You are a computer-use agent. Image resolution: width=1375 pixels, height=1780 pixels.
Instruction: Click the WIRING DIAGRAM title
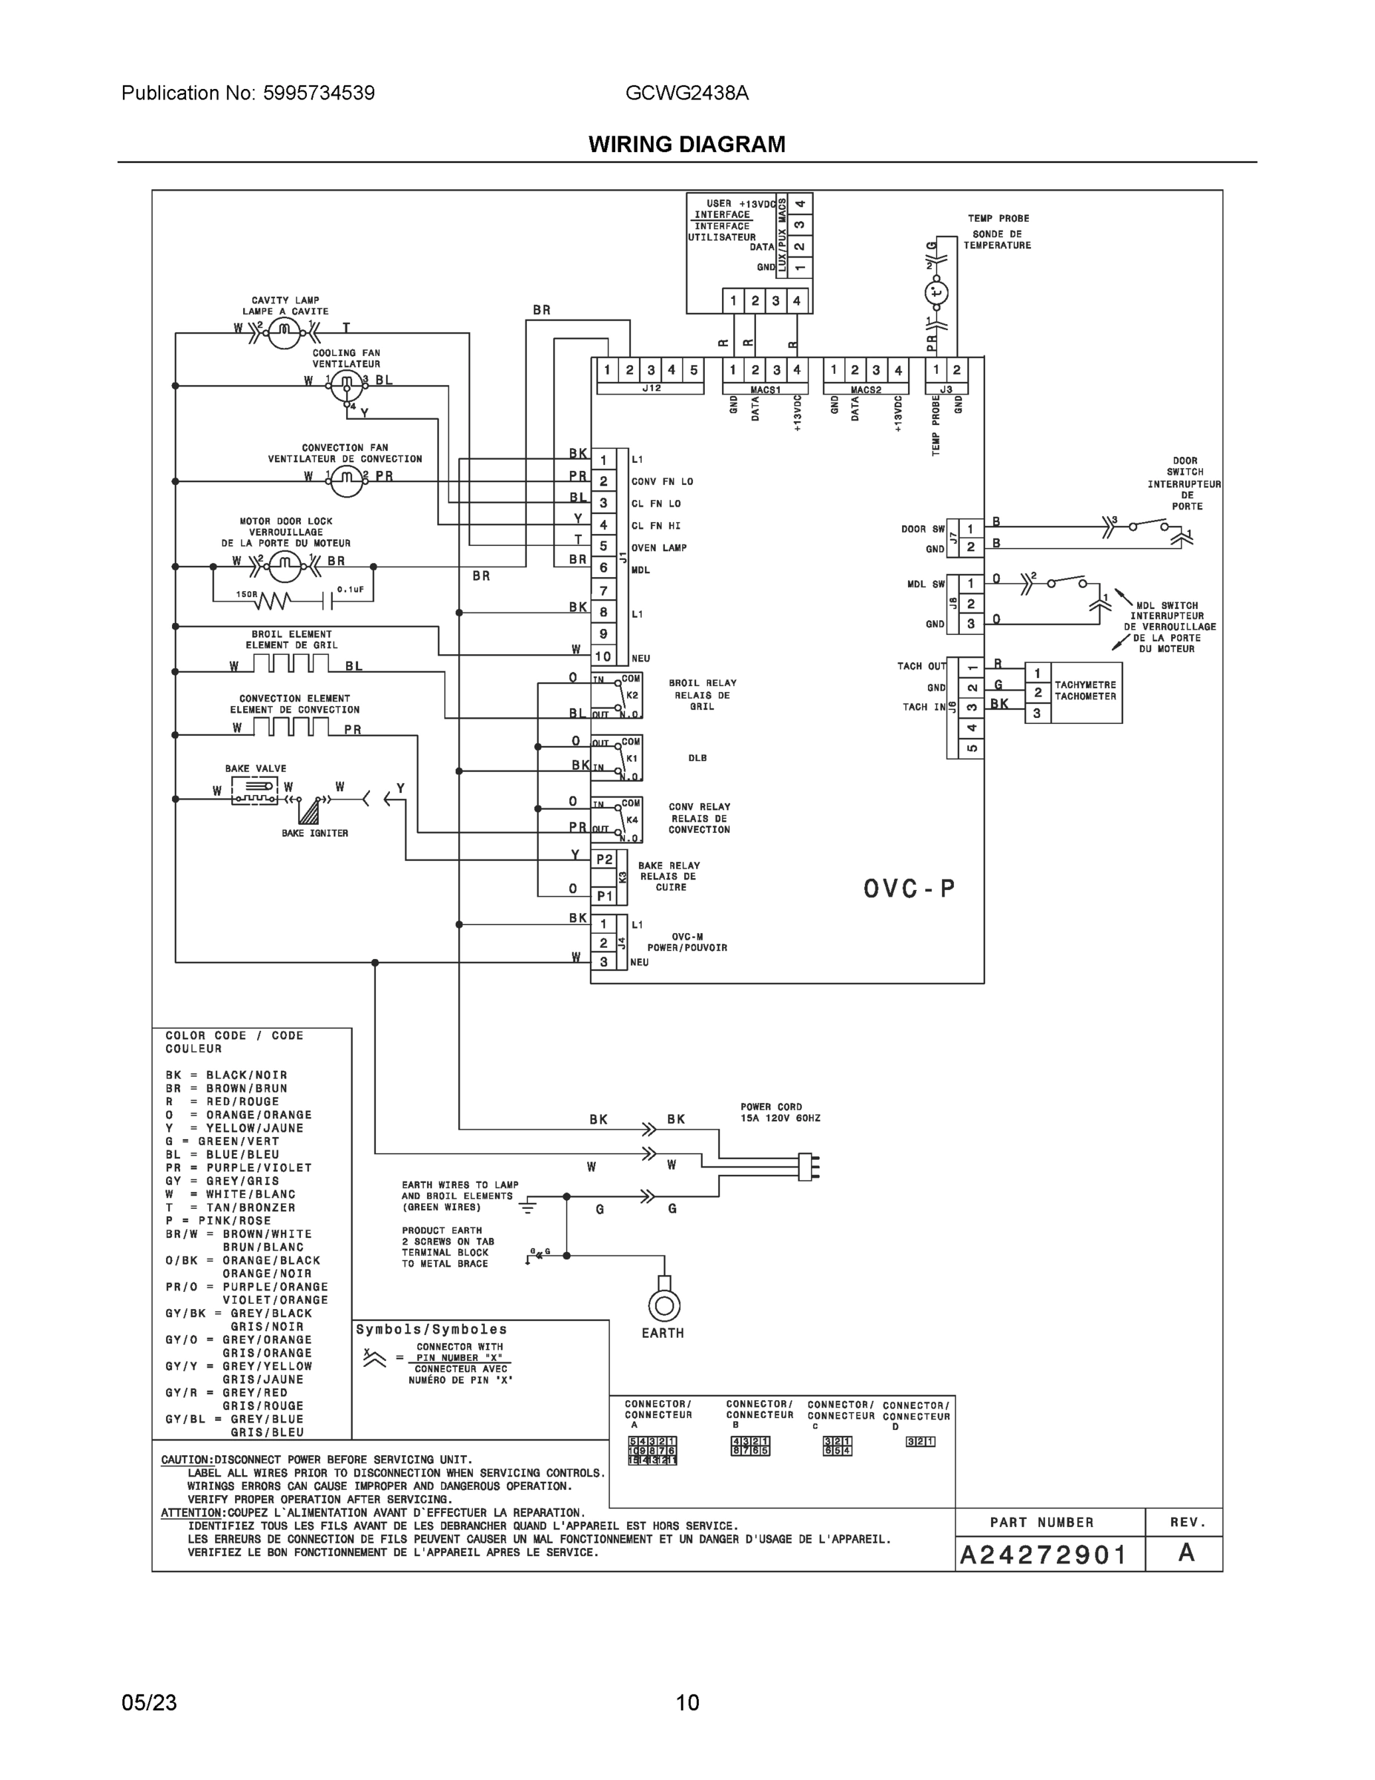(x=686, y=145)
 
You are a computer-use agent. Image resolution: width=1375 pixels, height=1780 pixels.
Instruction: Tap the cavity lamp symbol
(x=285, y=329)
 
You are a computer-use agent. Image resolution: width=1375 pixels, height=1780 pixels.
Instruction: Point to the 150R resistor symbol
(x=274, y=601)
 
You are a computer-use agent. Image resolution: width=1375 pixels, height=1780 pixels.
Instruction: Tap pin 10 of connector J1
(x=603, y=656)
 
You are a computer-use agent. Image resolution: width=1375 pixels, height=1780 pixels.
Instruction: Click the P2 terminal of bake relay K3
(x=604, y=859)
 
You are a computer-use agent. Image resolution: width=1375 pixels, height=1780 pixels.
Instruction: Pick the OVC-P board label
(x=909, y=889)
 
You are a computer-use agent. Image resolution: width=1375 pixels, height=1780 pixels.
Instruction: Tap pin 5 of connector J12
(x=693, y=370)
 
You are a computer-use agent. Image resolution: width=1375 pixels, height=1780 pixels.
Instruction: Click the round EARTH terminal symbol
(x=664, y=1307)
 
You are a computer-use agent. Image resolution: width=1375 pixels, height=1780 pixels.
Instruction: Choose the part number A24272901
(x=1043, y=1555)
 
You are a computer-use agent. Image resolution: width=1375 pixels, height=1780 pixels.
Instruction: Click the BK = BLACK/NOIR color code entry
(x=225, y=1075)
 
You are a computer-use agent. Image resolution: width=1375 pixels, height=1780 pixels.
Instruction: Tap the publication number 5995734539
(x=319, y=93)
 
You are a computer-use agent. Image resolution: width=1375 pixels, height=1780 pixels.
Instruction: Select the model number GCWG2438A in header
(x=686, y=93)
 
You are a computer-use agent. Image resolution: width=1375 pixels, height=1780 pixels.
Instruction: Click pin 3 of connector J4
(x=603, y=962)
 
